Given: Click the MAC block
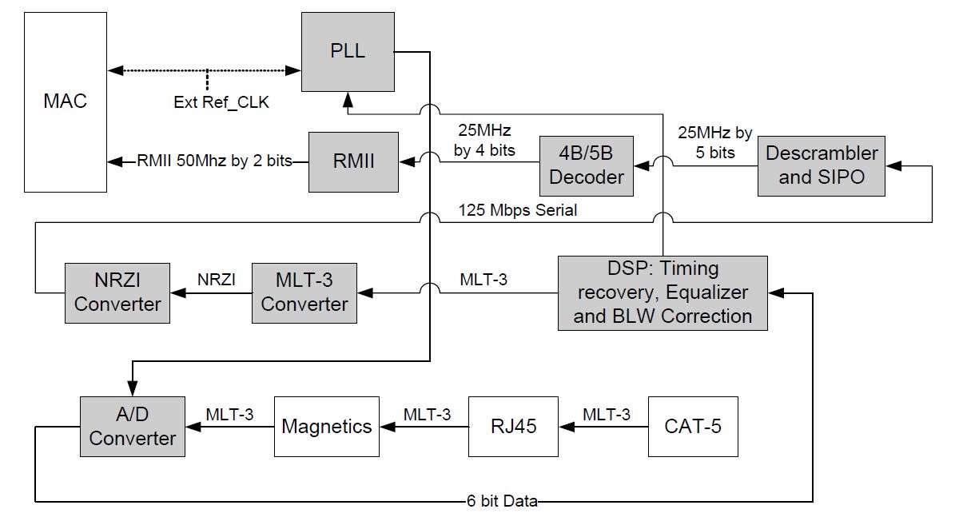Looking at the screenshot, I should (67, 102).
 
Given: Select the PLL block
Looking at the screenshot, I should (348, 52).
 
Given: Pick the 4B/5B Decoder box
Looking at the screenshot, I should (587, 166).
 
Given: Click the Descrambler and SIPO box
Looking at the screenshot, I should (822, 165).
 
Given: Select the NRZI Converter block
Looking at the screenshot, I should (117, 292).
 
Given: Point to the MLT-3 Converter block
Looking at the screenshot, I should (304, 292).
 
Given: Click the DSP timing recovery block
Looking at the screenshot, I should (663, 292).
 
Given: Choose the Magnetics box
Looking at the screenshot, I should (327, 426).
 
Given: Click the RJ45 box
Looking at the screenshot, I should (514, 426).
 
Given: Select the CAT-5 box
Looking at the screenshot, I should (693, 426).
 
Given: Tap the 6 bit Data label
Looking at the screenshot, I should (502, 502).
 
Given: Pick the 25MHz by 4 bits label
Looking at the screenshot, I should (484, 139).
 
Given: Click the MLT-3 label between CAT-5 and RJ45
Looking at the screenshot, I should (606, 414).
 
